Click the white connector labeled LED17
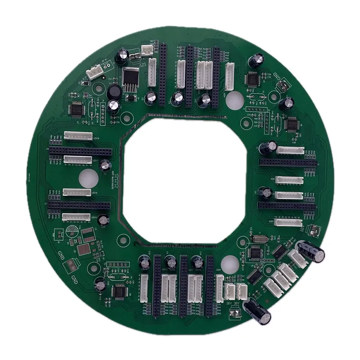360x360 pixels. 77,159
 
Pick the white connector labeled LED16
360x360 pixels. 76,192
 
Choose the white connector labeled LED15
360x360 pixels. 76,217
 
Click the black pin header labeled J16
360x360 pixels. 79,148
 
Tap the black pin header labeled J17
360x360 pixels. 79,205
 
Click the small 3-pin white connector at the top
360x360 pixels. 147,51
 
